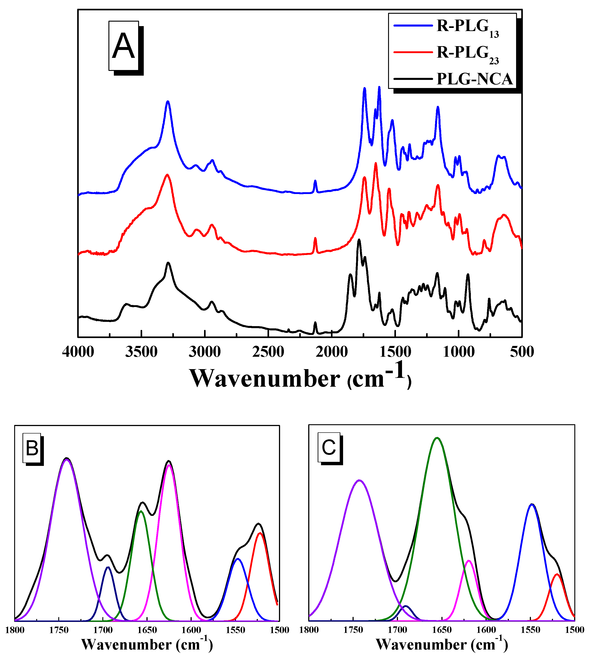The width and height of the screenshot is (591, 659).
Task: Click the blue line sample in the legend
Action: point(413,25)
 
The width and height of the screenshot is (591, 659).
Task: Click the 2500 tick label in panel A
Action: point(268,352)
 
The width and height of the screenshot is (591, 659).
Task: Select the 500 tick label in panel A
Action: point(521,352)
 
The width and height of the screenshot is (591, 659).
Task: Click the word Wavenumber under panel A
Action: point(265,379)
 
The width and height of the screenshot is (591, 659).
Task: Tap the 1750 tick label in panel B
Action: point(59,630)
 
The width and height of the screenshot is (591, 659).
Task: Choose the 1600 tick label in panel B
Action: point(191,630)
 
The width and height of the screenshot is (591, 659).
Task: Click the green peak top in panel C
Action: point(437,438)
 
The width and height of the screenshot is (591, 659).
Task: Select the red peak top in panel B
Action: point(260,533)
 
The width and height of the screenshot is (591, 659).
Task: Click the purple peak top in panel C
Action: point(359,480)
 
